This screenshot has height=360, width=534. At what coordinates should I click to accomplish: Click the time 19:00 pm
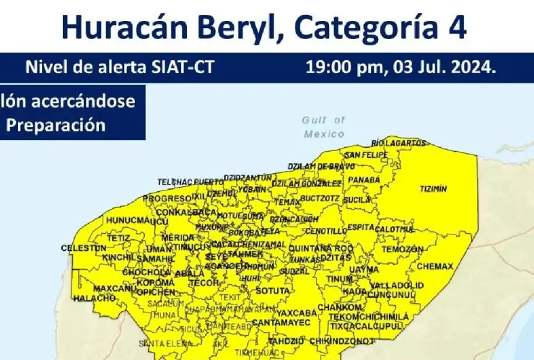346,69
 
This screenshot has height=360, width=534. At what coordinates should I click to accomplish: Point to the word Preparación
56,124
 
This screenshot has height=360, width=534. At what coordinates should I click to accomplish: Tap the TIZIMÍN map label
433,189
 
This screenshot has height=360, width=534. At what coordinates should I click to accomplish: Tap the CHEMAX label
435,266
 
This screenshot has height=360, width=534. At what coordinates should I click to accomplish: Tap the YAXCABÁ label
297,313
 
